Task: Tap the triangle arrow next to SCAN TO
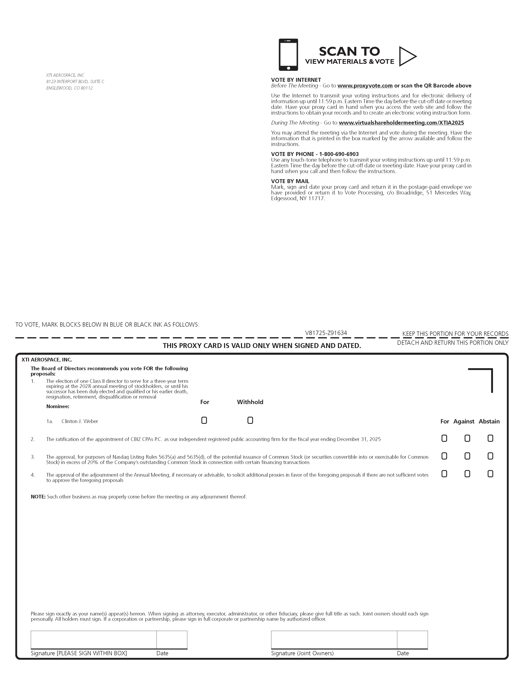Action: [407, 56]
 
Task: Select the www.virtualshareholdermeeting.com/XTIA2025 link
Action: [401, 123]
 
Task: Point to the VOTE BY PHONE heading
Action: [315, 154]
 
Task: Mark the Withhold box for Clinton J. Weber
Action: [250, 420]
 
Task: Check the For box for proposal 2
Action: [444, 438]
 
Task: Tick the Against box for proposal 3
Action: [467, 456]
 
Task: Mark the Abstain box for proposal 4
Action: [490, 474]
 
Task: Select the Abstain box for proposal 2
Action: [490, 438]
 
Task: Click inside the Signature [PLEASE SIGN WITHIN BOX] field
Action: [93, 640]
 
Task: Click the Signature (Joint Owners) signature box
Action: [334, 640]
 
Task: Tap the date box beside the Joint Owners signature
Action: [412, 640]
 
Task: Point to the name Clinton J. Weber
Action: [80, 421]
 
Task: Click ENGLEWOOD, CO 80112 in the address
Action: [69, 88]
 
